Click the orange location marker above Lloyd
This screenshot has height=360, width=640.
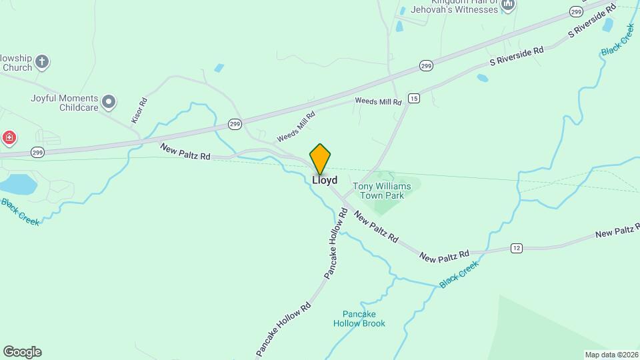point(320,159)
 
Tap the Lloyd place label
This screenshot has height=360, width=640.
point(325,180)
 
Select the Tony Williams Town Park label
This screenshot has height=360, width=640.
point(381,191)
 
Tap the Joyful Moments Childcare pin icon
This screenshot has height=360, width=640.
point(109,102)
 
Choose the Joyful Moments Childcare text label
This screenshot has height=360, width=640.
point(64,103)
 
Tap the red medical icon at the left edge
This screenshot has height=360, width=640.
point(9,138)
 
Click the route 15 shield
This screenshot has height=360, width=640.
point(414,98)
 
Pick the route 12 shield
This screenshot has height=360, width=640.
point(516,248)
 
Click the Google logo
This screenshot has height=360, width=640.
point(22,351)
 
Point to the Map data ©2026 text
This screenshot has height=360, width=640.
point(611,354)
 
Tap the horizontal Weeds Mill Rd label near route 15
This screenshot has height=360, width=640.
point(378,101)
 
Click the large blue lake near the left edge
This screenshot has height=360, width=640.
point(17,184)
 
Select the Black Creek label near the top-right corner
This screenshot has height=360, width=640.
point(618,41)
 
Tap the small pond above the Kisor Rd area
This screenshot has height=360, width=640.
point(219,68)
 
